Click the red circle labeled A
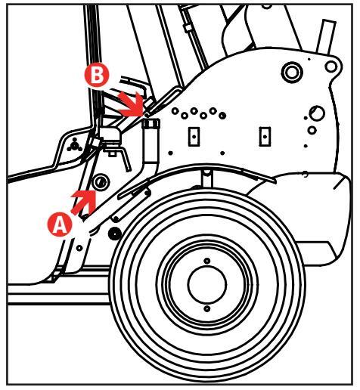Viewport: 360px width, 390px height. (60, 224)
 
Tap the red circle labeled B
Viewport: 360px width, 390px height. (97, 75)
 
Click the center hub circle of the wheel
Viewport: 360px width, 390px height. (207, 285)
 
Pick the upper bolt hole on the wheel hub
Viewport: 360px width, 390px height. (207, 261)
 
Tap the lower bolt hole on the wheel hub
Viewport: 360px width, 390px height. (207, 308)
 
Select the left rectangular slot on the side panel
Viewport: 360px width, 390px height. (194, 137)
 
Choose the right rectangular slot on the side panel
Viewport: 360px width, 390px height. (265, 137)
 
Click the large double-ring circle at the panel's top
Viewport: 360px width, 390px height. (292, 72)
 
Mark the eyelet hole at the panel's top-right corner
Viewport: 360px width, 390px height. (331, 67)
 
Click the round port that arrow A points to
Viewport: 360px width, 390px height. (101, 182)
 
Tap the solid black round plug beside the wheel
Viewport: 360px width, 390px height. (115, 234)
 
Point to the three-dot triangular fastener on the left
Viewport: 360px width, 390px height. (74, 145)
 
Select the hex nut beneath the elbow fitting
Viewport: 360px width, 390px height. (112, 153)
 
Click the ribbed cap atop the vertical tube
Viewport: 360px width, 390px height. (151, 124)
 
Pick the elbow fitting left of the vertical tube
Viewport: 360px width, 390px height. (110, 135)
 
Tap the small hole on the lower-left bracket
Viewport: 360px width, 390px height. (79, 248)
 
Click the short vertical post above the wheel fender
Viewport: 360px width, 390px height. (207, 178)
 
